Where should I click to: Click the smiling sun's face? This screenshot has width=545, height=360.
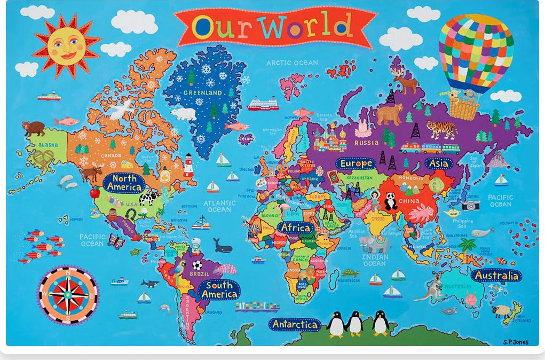tap(66, 45)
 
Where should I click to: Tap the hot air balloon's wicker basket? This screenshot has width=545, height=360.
tap(464, 108)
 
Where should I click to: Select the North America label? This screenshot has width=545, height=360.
tap(124, 183)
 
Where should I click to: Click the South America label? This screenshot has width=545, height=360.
tap(219, 289)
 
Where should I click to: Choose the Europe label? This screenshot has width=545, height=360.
tap(356, 163)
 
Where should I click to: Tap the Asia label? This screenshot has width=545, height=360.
tap(439, 163)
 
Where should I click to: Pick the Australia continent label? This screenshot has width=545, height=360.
tap(496, 276)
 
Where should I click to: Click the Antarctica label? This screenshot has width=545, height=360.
tap(295, 324)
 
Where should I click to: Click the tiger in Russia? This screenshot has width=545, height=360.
tap(441, 129)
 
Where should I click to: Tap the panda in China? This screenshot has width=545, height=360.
tap(391, 201)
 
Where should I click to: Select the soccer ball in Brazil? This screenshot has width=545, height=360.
tap(197, 264)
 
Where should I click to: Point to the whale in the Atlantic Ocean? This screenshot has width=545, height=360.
tap(223, 246)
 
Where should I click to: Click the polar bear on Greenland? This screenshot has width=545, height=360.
tap(184, 114)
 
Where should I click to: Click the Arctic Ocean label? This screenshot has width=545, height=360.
tap(292, 62)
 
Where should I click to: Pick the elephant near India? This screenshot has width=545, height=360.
tap(371, 244)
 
